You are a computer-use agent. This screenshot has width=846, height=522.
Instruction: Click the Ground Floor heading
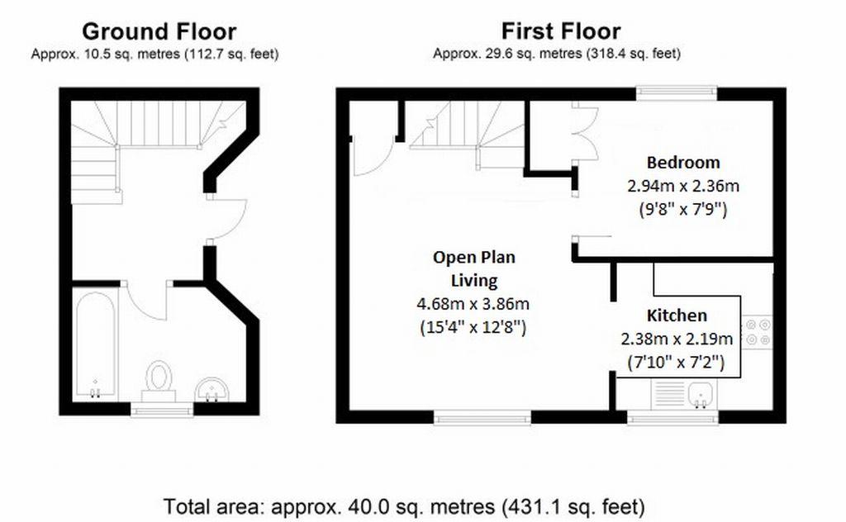click(159, 32)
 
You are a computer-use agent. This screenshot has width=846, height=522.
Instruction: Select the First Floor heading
click(561, 31)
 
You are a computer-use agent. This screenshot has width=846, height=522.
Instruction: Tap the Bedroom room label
click(683, 163)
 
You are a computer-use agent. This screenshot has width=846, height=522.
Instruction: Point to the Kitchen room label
click(677, 316)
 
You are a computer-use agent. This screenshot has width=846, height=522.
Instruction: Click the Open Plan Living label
click(474, 268)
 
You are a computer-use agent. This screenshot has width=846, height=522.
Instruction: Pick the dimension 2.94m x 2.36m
click(683, 186)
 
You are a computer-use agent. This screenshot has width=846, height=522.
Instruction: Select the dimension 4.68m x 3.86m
click(473, 304)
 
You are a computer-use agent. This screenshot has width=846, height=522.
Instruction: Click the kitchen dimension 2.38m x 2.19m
click(677, 339)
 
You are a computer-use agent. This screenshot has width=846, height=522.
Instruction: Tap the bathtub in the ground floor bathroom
click(95, 345)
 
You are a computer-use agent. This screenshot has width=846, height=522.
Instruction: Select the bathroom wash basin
click(212, 389)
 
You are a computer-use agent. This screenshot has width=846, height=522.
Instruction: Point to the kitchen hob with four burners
click(758, 332)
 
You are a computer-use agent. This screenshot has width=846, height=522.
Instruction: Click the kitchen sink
click(701, 395)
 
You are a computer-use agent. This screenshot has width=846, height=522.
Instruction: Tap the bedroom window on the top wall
click(676, 94)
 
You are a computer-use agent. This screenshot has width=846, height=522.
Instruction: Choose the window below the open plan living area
click(482, 416)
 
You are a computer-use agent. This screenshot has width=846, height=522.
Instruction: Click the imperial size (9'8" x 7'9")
click(683, 209)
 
